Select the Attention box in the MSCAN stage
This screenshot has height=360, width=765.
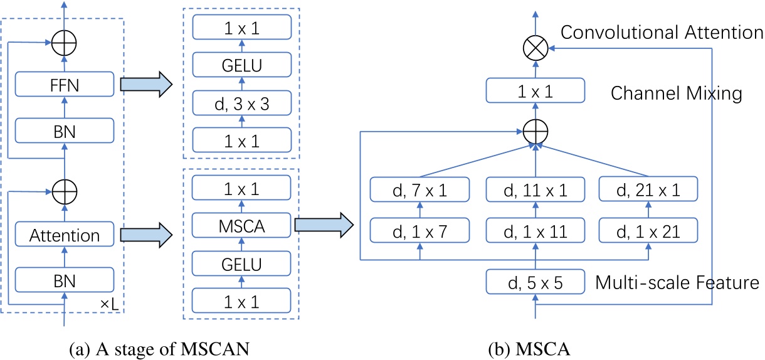tap(65, 235)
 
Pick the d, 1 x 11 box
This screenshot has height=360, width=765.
tap(535, 231)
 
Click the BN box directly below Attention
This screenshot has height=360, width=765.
tap(65, 280)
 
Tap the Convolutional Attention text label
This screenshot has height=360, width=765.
tap(662, 33)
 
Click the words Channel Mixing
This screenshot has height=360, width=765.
tap(676, 94)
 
